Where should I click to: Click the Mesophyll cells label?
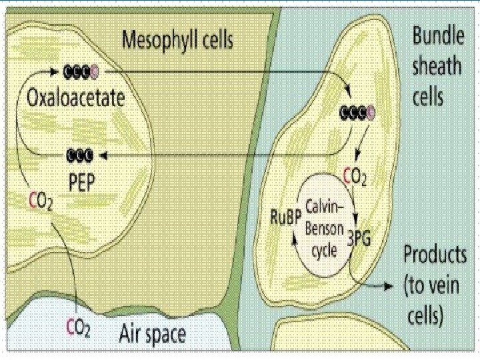pyautogui.click(x=177, y=42)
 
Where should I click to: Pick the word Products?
pyautogui.click(x=434, y=254)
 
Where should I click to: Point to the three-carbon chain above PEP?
pyautogui.click(x=80, y=156)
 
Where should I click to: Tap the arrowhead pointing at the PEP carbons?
pyautogui.click(x=102, y=156)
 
